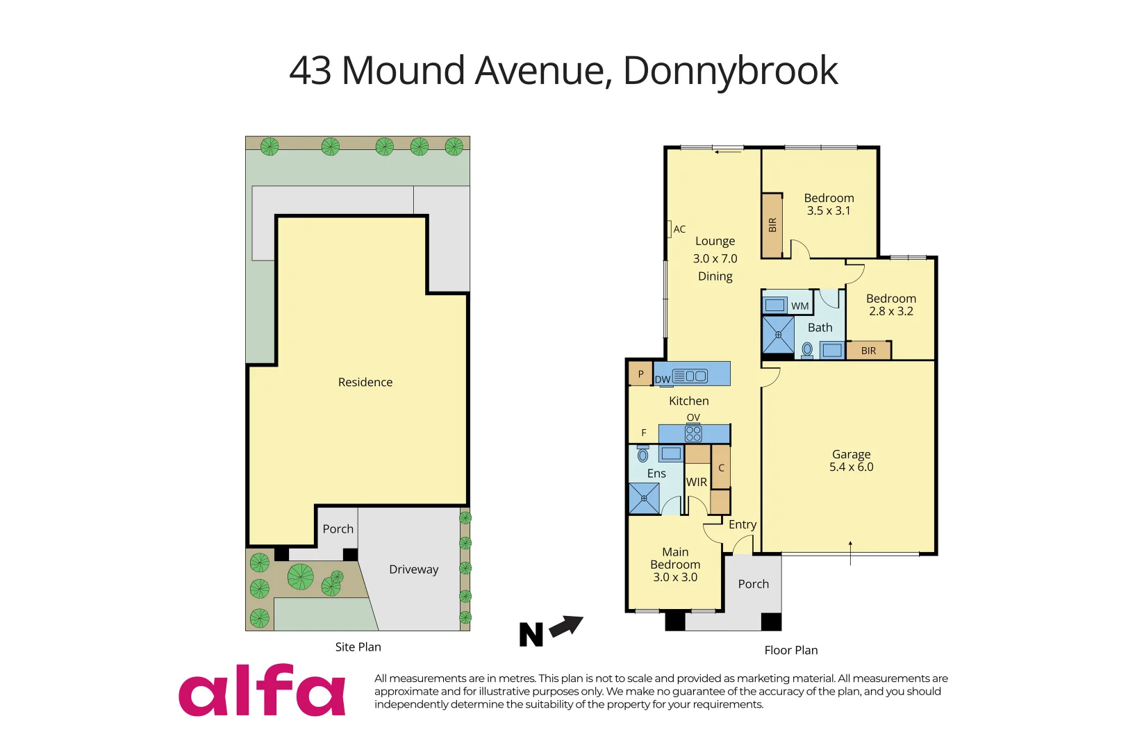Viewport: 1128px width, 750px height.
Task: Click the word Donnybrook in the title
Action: tap(730, 71)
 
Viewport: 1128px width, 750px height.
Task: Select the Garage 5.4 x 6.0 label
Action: tap(851, 460)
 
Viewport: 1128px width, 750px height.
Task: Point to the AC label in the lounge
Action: tap(679, 229)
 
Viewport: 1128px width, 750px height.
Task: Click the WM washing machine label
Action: tap(799, 306)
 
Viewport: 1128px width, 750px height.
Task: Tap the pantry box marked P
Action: tap(640, 374)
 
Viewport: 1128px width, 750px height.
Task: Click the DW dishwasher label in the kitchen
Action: tap(663, 379)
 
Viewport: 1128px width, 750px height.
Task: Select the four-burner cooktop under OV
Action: tap(693, 434)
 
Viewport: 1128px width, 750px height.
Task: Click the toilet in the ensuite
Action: tap(643, 455)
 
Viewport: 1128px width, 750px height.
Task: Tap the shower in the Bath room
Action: tap(778, 335)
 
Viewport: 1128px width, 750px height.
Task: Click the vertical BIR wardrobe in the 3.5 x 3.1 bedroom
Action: tap(772, 225)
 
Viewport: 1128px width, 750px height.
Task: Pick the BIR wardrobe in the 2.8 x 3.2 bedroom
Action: tap(868, 351)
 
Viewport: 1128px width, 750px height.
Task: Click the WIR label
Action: tap(696, 482)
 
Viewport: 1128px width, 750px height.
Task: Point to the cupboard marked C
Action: tap(721, 467)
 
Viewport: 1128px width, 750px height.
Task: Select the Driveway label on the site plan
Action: tap(413, 569)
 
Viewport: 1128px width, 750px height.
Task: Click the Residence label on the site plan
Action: tap(365, 382)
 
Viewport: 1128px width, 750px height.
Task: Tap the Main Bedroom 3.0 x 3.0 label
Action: tap(675, 564)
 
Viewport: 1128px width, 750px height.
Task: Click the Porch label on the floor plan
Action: tap(753, 584)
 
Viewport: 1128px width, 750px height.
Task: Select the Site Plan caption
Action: tap(358, 647)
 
